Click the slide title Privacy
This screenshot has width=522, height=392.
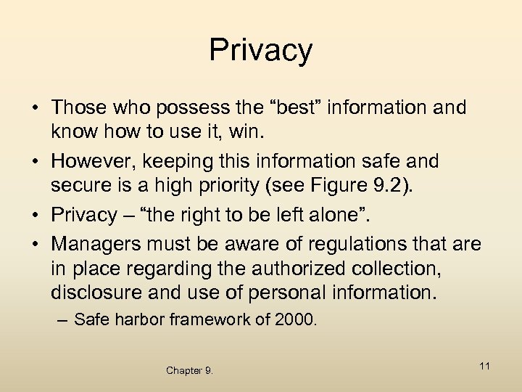(261, 50)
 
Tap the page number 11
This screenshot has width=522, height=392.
(485, 366)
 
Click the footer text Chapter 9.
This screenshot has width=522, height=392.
(189, 370)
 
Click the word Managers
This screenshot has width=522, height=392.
(101, 243)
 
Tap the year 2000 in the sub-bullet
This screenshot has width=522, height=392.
(295, 319)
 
